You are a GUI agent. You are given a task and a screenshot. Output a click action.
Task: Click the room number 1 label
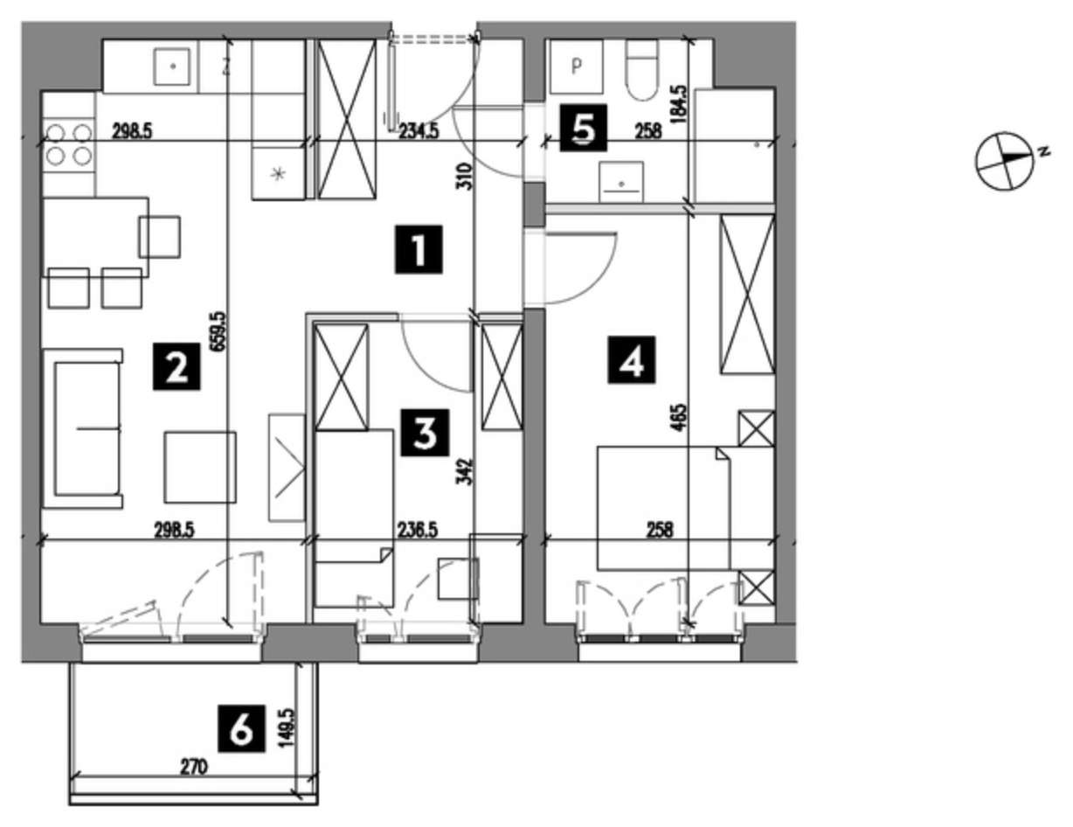click(419, 249)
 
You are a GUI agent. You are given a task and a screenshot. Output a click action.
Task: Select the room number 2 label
click(177, 366)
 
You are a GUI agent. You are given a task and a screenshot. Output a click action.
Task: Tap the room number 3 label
click(426, 432)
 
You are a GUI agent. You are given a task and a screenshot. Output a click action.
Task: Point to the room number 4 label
click(632, 359)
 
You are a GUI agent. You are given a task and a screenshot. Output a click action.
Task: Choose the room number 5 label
click(583, 128)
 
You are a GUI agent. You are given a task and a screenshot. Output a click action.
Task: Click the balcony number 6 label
click(241, 729)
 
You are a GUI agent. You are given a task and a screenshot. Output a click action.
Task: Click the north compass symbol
click(1006, 161)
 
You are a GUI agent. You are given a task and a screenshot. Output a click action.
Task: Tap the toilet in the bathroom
click(642, 70)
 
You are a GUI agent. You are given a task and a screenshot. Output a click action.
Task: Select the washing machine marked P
click(576, 66)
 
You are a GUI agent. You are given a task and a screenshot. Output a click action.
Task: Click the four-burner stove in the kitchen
click(69, 144)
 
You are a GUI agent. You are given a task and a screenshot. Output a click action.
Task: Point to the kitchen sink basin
click(172, 66)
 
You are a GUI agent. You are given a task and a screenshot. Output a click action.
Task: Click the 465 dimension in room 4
click(680, 418)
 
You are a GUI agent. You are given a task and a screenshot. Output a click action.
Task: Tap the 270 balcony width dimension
click(194, 768)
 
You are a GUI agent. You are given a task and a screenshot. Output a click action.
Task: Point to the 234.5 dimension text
click(419, 132)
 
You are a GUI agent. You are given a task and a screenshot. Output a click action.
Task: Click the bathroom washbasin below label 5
click(621, 181)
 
